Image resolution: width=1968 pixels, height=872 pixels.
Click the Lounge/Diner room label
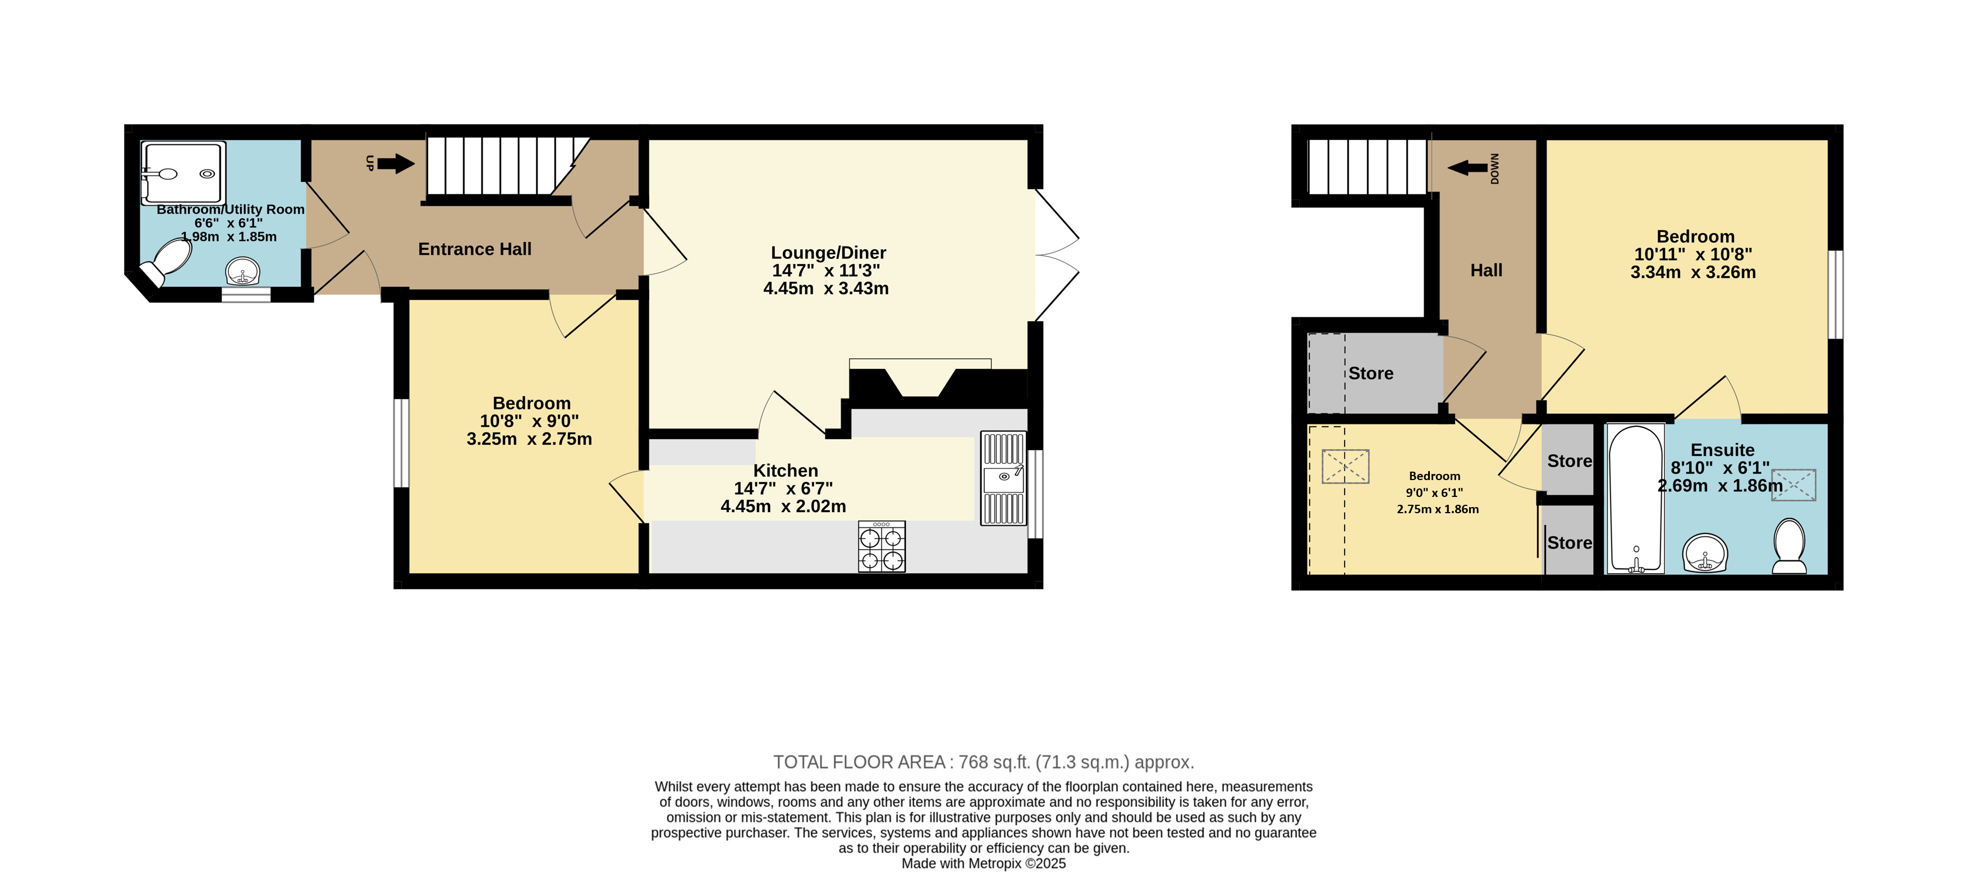point(828,253)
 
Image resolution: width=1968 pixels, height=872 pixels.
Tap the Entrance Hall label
point(474,249)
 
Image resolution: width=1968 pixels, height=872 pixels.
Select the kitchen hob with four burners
point(882,546)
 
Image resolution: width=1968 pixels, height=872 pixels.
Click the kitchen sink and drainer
point(1003,478)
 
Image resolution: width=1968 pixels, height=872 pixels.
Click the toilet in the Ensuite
point(1788,546)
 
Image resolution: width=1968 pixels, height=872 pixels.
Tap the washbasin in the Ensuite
point(1705,553)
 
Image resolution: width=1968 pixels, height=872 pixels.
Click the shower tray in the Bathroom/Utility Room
point(184,174)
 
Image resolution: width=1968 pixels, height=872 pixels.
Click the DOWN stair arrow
point(1467,167)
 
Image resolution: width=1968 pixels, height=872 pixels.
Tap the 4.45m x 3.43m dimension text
point(826,289)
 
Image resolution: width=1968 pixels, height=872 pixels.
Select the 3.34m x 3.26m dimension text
point(1693,273)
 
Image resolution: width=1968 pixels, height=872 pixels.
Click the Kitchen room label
point(786,471)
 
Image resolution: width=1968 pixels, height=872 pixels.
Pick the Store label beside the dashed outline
point(1370,374)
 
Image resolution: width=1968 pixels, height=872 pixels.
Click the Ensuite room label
point(1722,450)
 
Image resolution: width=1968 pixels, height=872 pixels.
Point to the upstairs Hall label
point(1486,271)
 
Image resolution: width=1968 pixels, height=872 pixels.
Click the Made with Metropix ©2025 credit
point(983,864)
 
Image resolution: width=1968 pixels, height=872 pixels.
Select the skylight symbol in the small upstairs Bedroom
point(1345,466)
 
